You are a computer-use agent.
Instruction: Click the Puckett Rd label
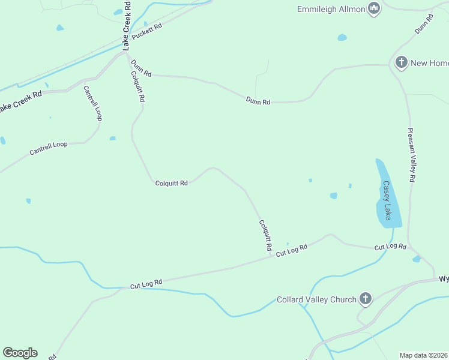(x=147, y=32)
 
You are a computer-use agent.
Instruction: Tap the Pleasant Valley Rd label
(x=411, y=155)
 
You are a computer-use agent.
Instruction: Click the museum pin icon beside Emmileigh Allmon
(x=375, y=9)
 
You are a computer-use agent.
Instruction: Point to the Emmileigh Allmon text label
(x=331, y=9)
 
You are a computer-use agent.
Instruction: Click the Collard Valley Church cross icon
(x=366, y=299)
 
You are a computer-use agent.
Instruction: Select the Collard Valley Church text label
(x=316, y=299)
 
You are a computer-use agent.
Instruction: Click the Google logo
(x=20, y=353)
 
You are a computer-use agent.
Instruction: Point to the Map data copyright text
(x=424, y=355)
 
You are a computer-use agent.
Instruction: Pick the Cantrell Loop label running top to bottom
(x=92, y=103)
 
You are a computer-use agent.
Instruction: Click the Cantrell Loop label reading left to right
(x=49, y=148)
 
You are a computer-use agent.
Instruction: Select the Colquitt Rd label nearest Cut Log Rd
(x=265, y=235)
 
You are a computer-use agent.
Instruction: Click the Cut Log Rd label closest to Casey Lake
(x=390, y=247)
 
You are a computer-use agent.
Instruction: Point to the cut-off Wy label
(x=444, y=279)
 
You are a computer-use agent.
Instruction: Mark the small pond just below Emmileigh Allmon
(x=342, y=37)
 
